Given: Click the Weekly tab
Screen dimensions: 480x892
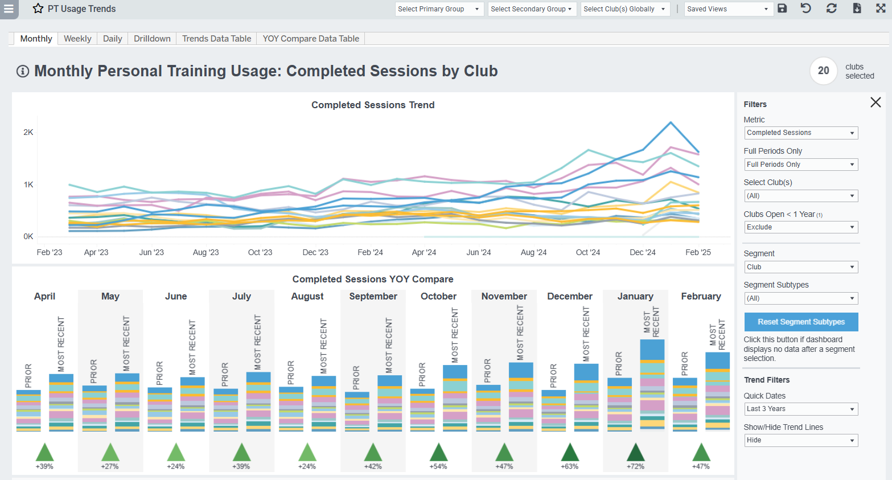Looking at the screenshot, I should pos(77,39).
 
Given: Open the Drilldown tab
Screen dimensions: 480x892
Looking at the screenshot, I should pos(152,39).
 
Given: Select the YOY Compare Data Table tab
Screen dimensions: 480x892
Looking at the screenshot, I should pos(311,39).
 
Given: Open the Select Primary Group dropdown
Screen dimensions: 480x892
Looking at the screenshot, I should pos(439,9).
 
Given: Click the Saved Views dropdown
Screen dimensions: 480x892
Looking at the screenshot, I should pos(727,9).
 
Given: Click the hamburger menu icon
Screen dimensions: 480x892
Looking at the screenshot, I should pos(9,9).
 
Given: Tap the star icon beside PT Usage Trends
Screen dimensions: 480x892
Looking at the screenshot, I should pos(38,9).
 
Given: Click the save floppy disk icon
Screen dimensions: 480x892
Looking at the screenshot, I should pos(782,9).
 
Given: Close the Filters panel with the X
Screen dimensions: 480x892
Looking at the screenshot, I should pos(875,102).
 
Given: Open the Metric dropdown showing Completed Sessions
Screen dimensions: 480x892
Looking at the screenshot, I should pos(800,133).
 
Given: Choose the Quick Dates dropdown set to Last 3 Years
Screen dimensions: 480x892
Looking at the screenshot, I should pos(800,409).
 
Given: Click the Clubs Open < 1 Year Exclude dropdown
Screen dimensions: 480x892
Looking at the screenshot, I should pos(800,227).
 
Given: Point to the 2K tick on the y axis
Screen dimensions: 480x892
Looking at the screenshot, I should pos(28,132).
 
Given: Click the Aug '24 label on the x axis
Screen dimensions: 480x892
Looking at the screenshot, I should pos(533,252).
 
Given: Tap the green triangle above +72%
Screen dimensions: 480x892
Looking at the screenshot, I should pos(635,452).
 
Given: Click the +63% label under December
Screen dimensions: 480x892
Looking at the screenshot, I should pos(570,466).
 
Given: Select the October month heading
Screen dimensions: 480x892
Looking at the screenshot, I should pos(438,296).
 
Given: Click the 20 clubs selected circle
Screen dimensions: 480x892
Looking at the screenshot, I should pos(823,71).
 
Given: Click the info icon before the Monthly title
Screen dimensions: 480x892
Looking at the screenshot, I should pos(23,71).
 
